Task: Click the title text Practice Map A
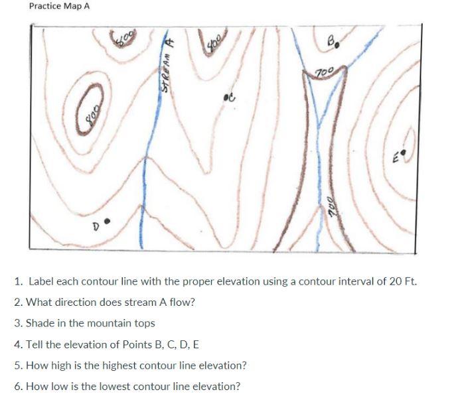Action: [60, 6]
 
